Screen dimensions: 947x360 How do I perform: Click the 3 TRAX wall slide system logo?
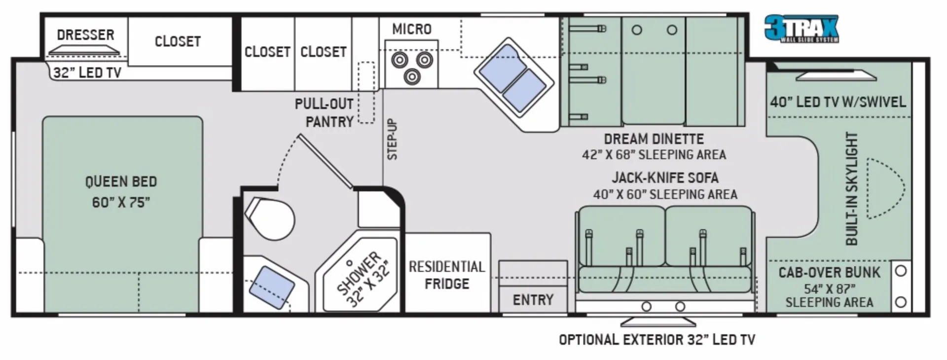click(801, 29)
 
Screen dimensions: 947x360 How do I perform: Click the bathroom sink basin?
click(271, 288)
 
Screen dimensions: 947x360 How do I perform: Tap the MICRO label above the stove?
click(412, 29)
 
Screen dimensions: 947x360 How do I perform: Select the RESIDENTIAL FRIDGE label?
click(447, 275)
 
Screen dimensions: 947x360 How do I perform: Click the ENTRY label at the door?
click(533, 300)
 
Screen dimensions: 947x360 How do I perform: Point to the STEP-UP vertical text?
click(392, 139)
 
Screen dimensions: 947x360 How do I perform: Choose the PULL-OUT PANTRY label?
click(324, 113)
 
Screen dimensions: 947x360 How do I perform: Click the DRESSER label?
click(86, 35)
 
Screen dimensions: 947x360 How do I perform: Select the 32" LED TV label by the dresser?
click(87, 73)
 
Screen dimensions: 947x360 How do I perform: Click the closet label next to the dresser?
click(178, 41)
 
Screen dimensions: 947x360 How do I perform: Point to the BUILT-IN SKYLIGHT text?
click(852, 189)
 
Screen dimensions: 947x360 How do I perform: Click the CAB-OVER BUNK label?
click(829, 272)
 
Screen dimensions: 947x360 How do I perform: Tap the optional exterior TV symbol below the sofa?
click(658, 322)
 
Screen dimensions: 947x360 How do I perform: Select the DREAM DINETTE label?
click(654, 139)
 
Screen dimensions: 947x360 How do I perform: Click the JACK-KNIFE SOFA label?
click(665, 178)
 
